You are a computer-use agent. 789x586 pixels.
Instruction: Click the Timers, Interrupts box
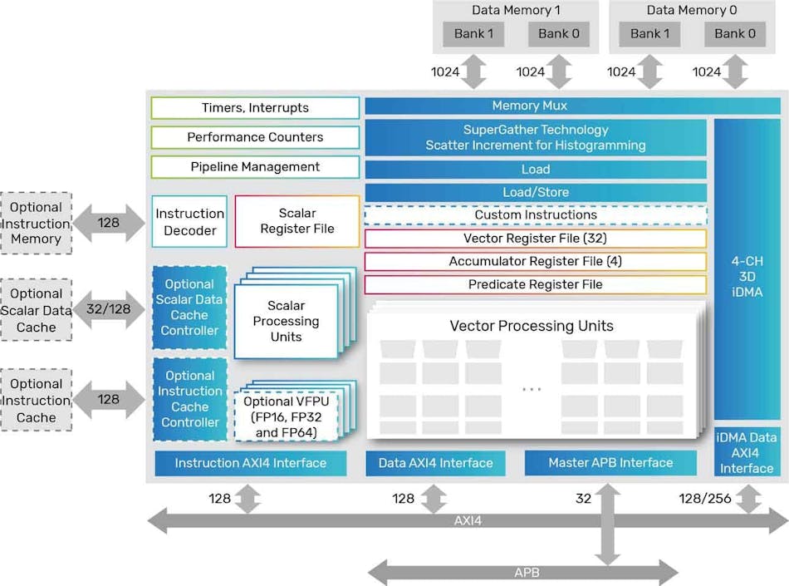[255, 108]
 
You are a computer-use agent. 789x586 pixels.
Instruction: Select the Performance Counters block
[255, 137]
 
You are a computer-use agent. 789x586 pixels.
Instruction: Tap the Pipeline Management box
[255, 167]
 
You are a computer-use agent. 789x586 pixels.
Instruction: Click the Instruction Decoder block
[190, 221]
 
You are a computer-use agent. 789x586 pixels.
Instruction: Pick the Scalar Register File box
[297, 221]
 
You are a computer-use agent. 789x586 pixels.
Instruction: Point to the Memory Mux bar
[536, 106]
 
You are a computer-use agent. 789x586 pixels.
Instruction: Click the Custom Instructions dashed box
[536, 215]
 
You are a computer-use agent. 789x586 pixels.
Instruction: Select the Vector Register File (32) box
[536, 239]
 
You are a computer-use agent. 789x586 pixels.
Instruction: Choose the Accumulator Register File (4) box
[536, 262]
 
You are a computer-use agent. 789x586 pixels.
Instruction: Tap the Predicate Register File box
[536, 284]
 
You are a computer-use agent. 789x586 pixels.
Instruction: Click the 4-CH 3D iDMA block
[747, 276]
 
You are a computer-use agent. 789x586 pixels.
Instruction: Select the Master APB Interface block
[610, 463]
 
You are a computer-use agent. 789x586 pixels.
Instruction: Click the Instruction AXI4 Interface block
[250, 463]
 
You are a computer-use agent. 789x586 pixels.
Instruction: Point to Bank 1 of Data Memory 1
[473, 34]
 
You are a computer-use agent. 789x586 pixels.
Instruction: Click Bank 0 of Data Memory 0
[735, 34]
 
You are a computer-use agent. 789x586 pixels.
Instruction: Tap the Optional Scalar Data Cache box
[37, 311]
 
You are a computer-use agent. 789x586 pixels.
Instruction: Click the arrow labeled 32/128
[108, 309]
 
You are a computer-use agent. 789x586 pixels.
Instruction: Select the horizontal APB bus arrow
[523, 573]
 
